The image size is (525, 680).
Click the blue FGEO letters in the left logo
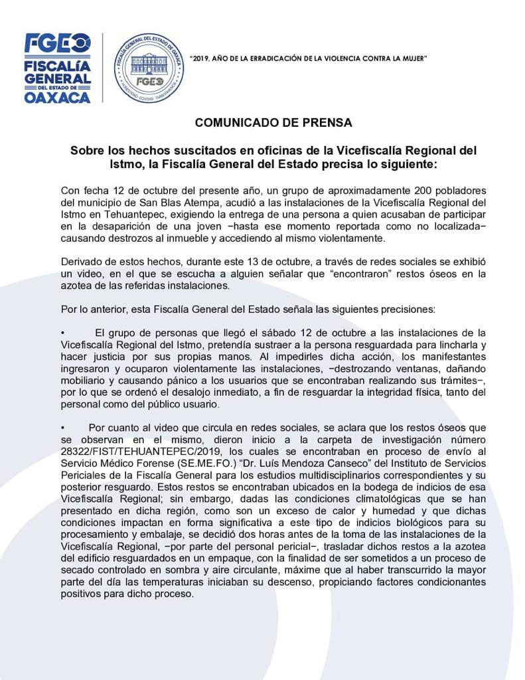(57, 43)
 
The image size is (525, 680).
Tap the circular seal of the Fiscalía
(149, 68)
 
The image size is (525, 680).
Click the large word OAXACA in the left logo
(57, 97)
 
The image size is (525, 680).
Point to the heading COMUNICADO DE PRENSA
(273, 123)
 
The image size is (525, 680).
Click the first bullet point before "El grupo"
(63, 333)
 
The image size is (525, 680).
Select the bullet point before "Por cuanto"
(63, 428)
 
